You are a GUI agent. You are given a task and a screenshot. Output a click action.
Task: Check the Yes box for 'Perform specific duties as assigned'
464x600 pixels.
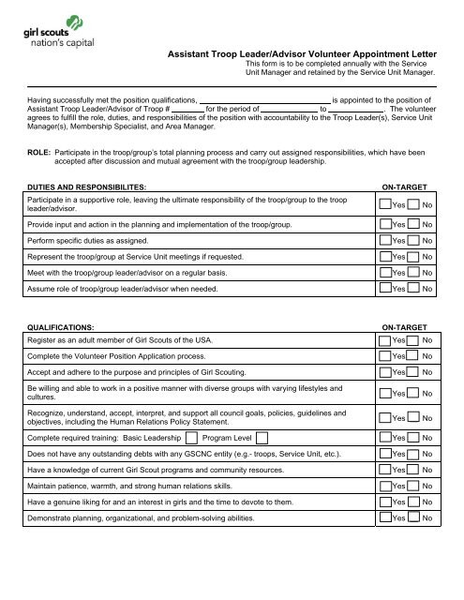[385, 240]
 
